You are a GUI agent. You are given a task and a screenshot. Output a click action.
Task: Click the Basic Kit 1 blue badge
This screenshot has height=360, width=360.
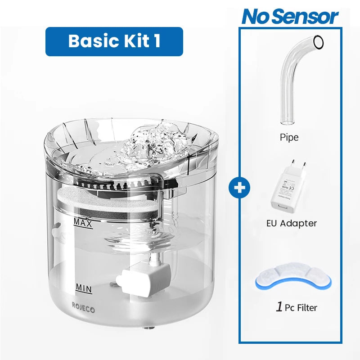114,41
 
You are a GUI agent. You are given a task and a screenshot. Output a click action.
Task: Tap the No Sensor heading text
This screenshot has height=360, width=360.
290,17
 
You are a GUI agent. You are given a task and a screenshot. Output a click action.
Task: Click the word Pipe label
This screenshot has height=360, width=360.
289,137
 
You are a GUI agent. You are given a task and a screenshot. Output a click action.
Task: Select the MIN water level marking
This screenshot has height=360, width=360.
83,288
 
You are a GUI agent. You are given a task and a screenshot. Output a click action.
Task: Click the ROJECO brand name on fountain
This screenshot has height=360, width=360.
84,305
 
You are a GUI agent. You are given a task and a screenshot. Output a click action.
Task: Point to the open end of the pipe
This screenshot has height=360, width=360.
318,42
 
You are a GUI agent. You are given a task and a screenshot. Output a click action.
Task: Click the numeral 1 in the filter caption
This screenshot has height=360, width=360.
279,307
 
